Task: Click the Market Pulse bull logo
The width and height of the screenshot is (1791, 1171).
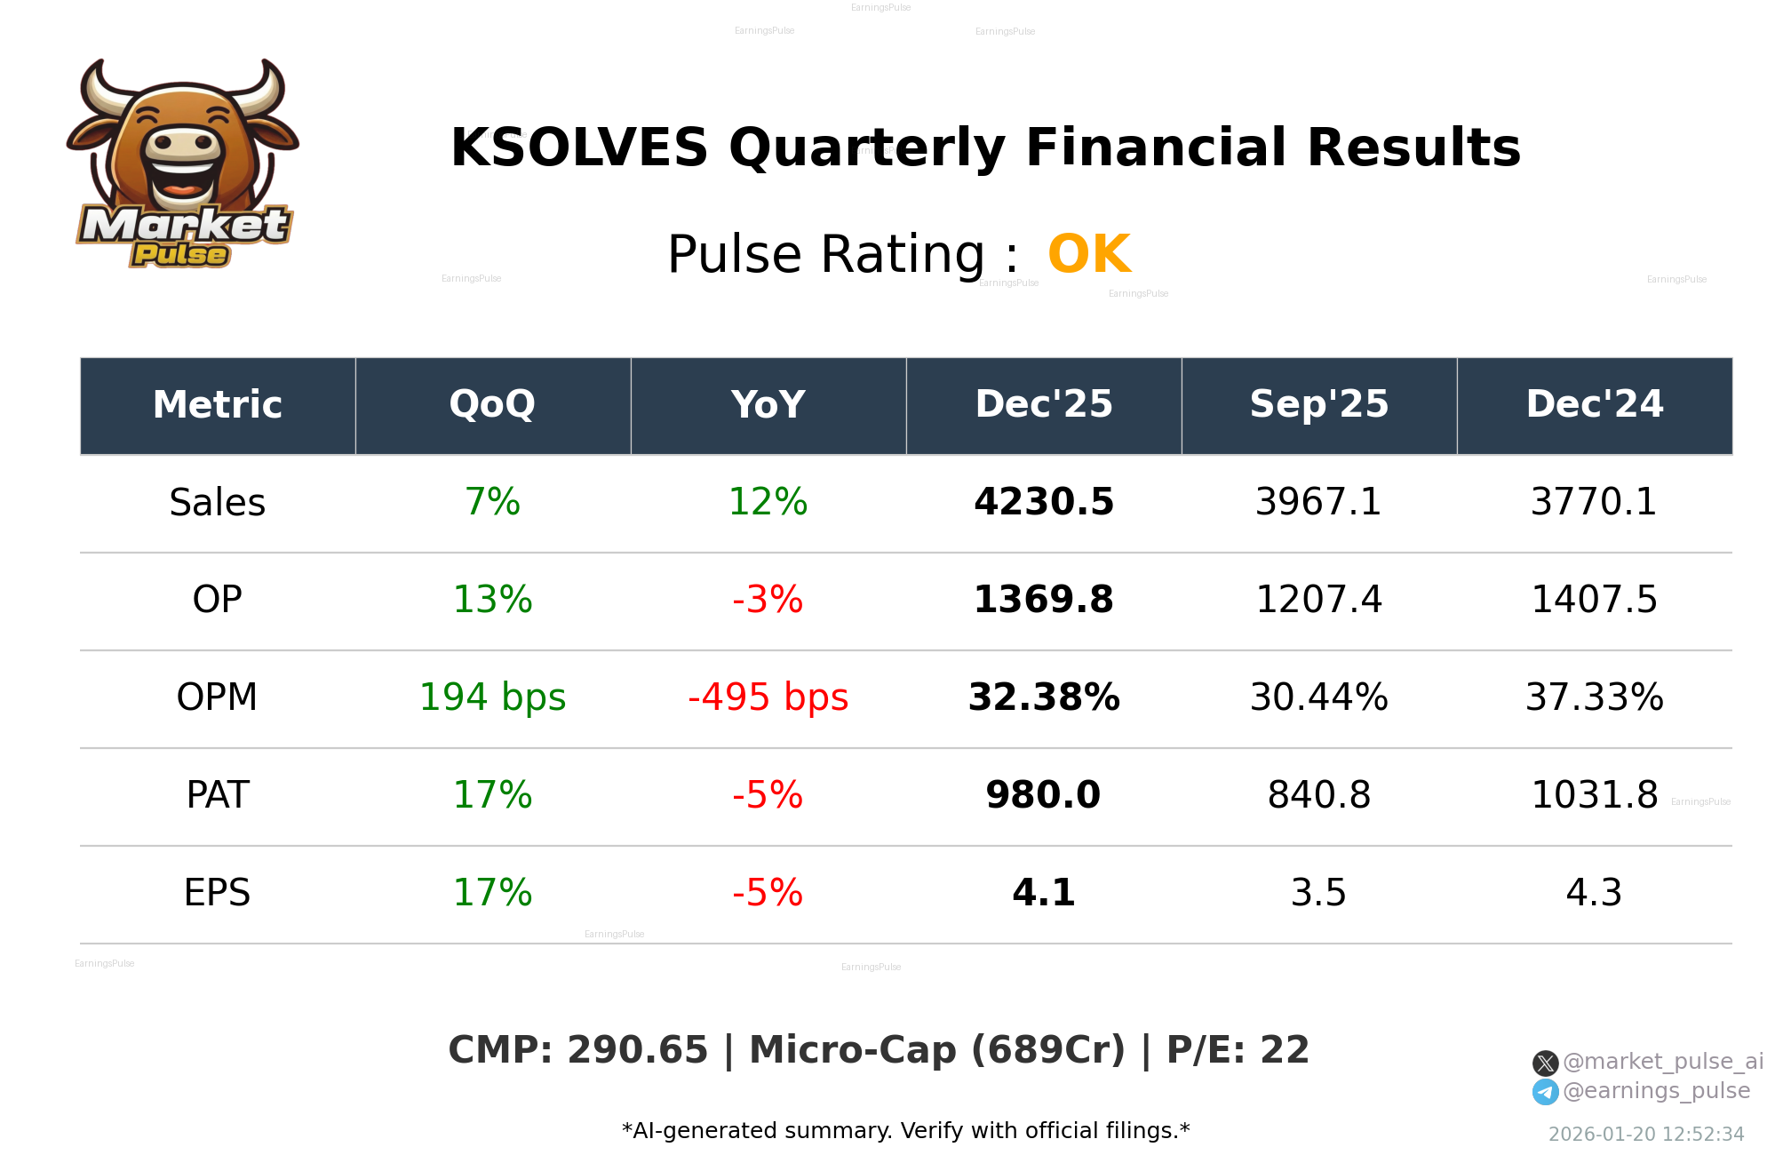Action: point(182,164)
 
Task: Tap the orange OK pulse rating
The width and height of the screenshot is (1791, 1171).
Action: point(1088,255)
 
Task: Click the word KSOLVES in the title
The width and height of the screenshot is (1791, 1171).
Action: point(578,148)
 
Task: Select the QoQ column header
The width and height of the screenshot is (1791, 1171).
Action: point(492,405)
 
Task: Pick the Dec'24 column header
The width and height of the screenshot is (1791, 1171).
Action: point(1594,405)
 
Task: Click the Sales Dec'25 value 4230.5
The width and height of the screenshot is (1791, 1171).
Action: point(1043,503)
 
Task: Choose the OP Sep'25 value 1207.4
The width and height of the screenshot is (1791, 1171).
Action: point(1318,601)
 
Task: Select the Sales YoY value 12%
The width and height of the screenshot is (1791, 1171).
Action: point(768,503)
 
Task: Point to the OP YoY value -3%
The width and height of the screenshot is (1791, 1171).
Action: point(768,601)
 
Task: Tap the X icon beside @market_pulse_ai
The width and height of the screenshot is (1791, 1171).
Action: point(1545,1063)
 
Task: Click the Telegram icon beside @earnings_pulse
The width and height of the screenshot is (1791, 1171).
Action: point(1545,1092)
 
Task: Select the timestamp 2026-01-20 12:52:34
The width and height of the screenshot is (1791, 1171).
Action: point(1645,1135)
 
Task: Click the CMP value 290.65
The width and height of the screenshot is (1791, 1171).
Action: point(637,1051)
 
